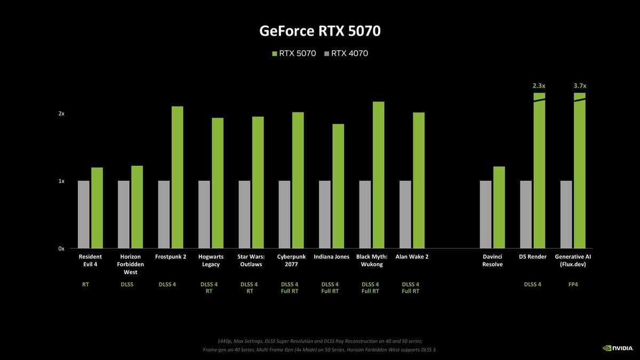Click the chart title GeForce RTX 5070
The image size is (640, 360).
pos(320,31)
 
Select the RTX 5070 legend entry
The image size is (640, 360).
pos(294,53)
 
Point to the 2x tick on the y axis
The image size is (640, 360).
pos(61,114)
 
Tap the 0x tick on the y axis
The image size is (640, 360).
pos(61,249)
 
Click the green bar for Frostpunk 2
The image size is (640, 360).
pos(177,177)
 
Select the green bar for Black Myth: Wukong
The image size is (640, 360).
pos(379,175)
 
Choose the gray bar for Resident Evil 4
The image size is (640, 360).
pos(84,214)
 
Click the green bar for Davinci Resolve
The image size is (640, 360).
pos(499,207)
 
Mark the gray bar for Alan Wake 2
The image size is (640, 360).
pos(405,214)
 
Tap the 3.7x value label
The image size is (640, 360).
pos(580,85)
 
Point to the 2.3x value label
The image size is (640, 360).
pos(539,85)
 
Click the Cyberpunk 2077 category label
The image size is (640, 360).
pos(291,260)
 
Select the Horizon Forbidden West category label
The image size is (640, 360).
pos(130,264)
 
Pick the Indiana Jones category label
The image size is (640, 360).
pos(331,257)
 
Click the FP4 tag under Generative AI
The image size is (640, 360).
pos(573,284)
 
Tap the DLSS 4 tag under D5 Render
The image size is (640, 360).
pos(532,284)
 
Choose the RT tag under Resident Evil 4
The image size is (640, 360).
pos(85,284)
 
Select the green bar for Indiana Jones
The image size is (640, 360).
pos(338,186)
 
